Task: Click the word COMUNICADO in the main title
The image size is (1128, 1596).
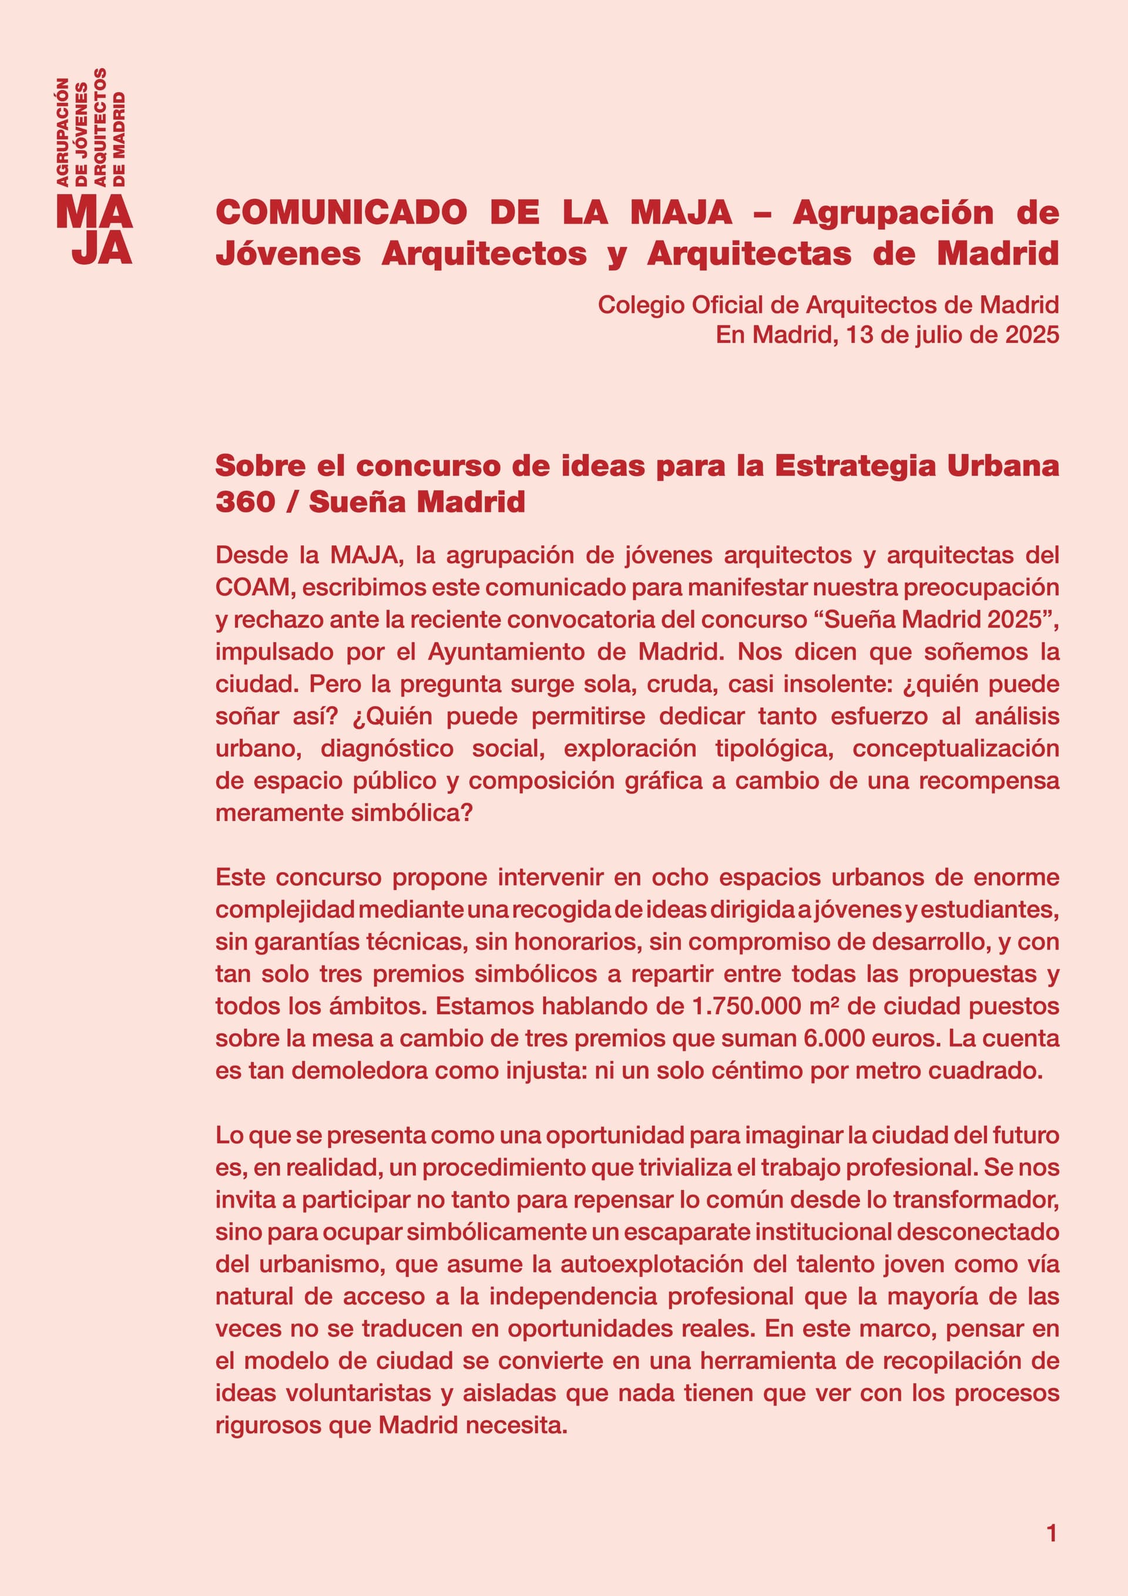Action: point(341,212)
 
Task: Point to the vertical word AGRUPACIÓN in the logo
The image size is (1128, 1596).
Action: point(62,132)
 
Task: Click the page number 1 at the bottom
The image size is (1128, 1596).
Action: point(1051,1534)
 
